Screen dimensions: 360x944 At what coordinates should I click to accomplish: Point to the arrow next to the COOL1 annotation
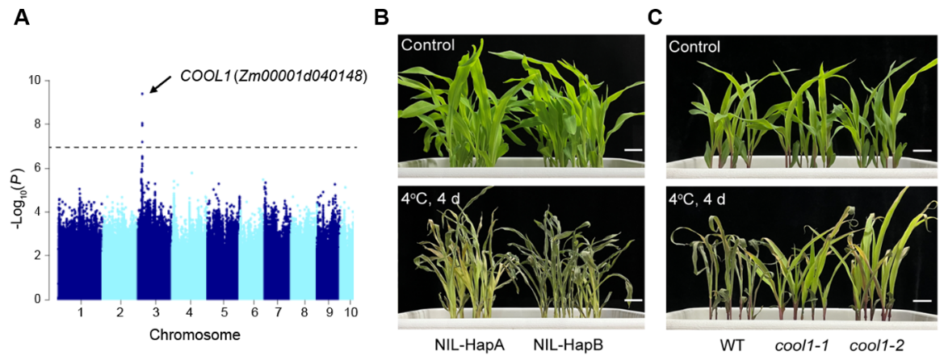(160, 83)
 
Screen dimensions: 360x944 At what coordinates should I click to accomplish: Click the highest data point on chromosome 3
(142, 94)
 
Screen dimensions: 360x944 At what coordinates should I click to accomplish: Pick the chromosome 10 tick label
(350, 312)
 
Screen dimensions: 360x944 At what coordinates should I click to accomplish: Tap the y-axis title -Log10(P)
(18, 190)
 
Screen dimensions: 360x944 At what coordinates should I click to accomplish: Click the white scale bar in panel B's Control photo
(632, 149)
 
